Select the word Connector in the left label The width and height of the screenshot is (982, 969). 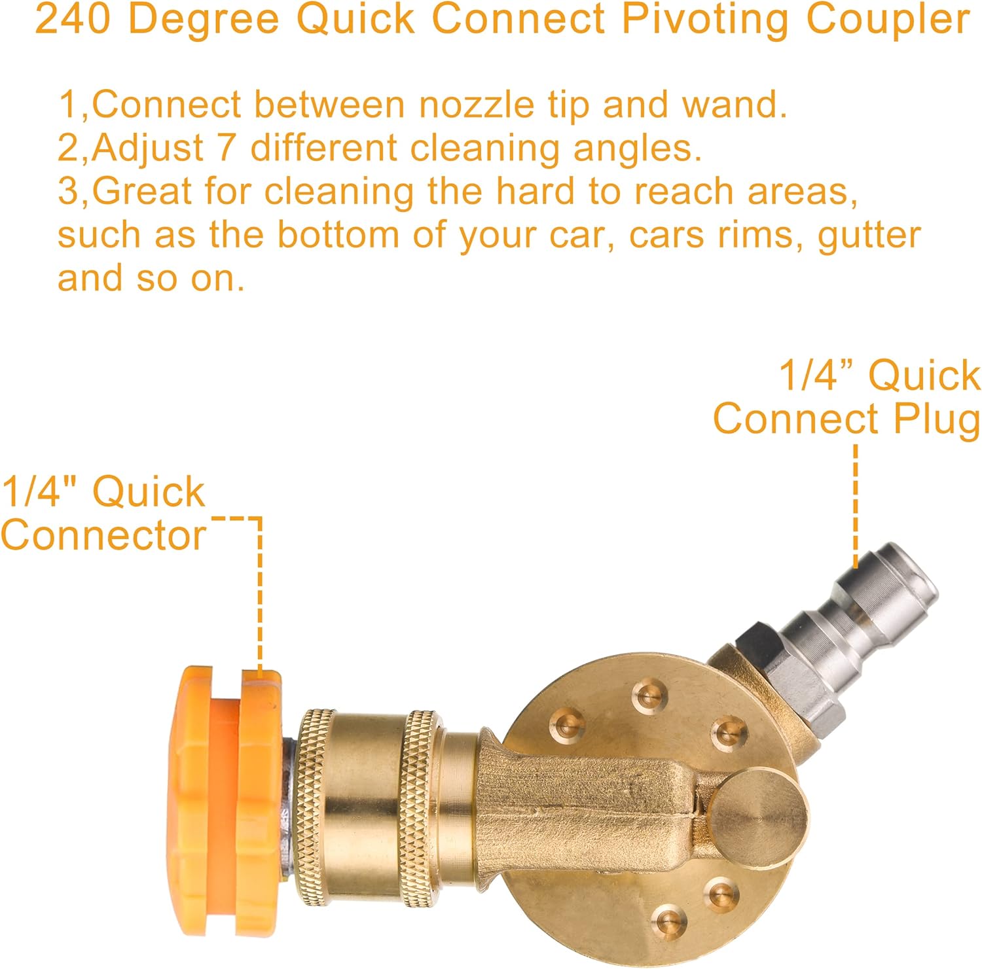pyautogui.click(x=103, y=535)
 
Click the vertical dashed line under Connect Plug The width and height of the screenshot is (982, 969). pyautogui.click(x=855, y=506)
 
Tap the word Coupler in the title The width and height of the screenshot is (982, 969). pyautogui.click(x=888, y=20)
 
